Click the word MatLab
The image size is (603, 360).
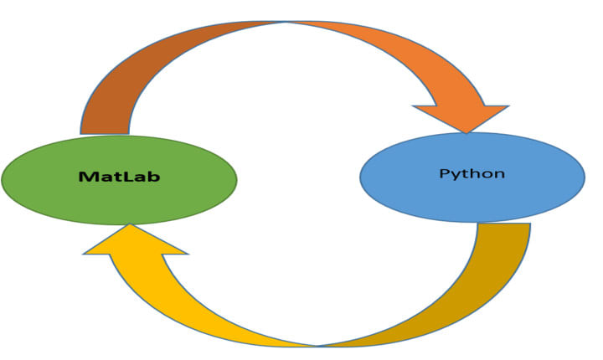pos(119,177)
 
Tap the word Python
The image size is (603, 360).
pos(472,174)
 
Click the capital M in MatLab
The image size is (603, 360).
pos(85,177)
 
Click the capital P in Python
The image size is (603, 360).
pos(444,174)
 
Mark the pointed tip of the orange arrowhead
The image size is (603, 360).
pos(466,131)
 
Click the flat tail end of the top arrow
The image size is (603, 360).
pos(105,131)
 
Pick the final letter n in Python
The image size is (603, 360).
pos(499,175)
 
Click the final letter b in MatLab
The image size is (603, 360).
pos(153,177)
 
